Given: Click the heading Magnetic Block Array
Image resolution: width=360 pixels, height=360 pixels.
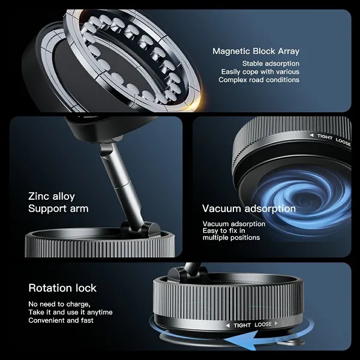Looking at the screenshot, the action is [x=256, y=51].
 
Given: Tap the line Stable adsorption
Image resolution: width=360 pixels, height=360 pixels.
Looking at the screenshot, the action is [x=271, y=64].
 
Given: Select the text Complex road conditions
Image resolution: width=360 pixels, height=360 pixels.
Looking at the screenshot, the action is [x=259, y=80].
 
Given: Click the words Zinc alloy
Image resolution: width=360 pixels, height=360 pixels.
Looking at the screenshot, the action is [x=52, y=197].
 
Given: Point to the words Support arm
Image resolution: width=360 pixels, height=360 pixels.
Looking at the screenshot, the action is [x=58, y=208].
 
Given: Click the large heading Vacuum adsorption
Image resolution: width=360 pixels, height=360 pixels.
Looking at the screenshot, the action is [x=249, y=209].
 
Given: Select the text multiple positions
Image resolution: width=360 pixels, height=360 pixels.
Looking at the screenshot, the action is [x=231, y=238].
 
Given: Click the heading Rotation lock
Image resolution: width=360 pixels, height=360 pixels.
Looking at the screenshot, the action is [x=62, y=288].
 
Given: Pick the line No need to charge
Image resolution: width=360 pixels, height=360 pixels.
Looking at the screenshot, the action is [x=59, y=304].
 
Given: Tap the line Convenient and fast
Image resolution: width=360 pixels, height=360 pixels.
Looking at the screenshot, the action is [x=61, y=320].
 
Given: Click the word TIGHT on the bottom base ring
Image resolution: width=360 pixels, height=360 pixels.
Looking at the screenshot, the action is [x=242, y=325].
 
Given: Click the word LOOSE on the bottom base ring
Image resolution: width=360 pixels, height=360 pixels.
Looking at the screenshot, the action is [x=263, y=325].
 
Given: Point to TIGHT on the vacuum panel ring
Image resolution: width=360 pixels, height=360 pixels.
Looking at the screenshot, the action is [x=325, y=137].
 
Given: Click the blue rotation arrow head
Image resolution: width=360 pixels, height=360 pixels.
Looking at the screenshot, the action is [x=241, y=341].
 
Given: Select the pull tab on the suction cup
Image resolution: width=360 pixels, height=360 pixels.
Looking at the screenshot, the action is [x=292, y=342].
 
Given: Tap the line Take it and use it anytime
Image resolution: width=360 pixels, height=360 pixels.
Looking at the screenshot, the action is [x=70, y=312].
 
